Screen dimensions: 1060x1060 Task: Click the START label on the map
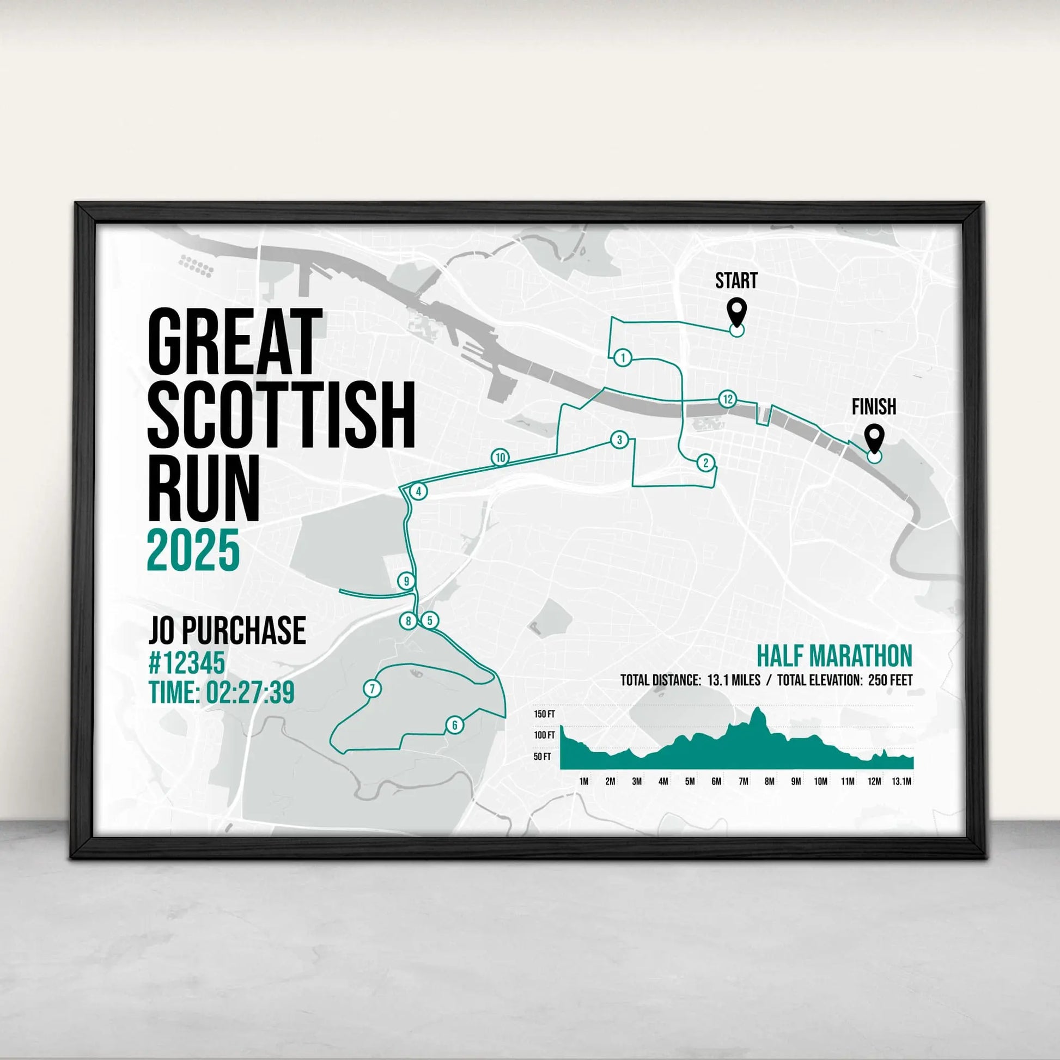point(736,281)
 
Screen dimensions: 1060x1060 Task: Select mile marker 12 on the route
point(728,399)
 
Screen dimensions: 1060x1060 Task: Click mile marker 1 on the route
point(623,358)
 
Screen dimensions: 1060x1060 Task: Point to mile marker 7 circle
point(373,689)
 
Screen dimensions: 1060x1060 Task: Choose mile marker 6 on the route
point(454,726)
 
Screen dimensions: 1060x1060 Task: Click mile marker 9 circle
point(406,581)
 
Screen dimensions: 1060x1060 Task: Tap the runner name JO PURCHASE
point(227,630)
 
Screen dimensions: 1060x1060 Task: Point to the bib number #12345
point(186,663)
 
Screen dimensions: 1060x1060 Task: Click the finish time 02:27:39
point(249,693)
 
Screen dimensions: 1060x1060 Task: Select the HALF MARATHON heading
point(834,656)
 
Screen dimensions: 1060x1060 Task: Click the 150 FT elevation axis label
point(544,714)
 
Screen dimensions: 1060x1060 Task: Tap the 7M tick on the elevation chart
point(743,782)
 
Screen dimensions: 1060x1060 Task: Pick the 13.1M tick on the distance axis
point(901,782)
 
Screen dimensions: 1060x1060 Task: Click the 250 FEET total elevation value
point(891,681)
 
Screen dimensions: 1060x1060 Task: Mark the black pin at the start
point(736,313)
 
